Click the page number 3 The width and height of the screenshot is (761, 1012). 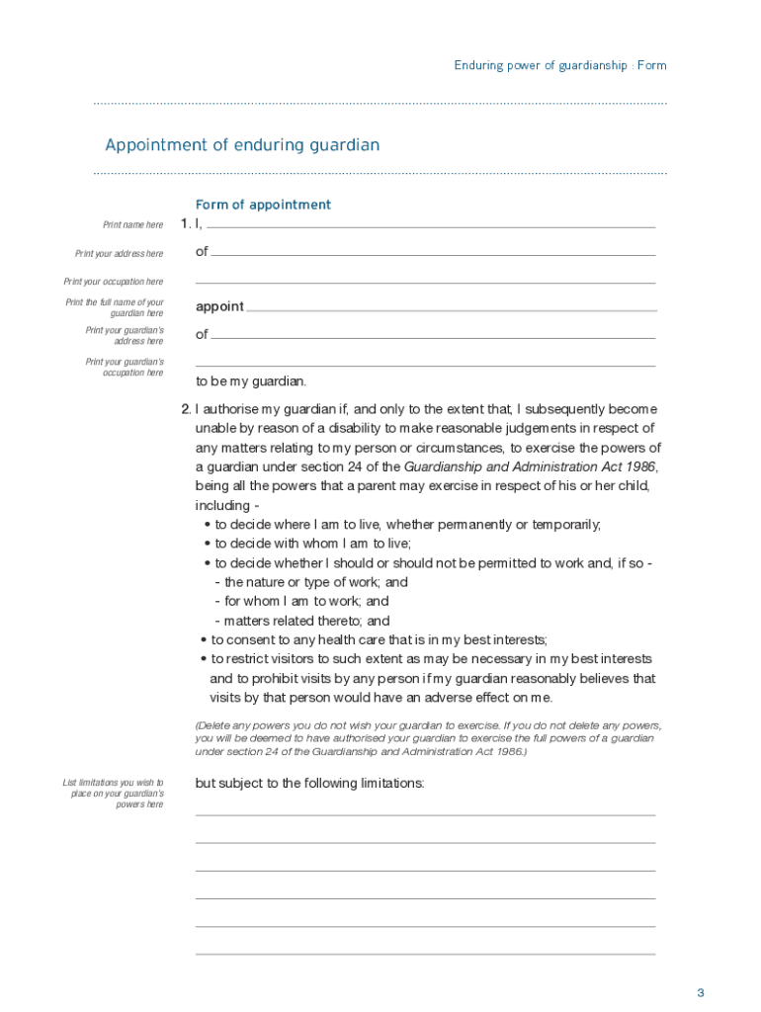pyautogui.click(x=700, y=992)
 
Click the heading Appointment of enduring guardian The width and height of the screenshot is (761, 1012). pyautogui.click(x=242, y=145)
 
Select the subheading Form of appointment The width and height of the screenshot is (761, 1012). pyautogui.click(x=263, y=205)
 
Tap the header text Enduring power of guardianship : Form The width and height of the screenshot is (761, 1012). pyautogui.click(x=559, y=65)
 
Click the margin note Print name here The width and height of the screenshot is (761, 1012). pyautogui.click(x=133, y=225)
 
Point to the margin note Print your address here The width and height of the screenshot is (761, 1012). pyautogui.click(x=120, y=254)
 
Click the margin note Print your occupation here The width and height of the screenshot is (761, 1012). pyautogui.click(x=114, y=282)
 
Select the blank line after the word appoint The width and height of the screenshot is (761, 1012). pyautogui.click(x=451, y=310)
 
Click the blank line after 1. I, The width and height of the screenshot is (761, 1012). pyautogui.click(x=431, y=227)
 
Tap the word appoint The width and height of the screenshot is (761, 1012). pyautogui.click(x=219, y=306)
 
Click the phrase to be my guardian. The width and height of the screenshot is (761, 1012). pyautogui.click(x=251, y=381)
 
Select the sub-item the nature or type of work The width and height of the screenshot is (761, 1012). pyautogui.click(x=315, y=582)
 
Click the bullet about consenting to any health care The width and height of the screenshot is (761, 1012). pyautogui.click(x=379, y=639)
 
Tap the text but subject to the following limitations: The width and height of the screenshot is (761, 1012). pyautogui.click(x=309, y=784)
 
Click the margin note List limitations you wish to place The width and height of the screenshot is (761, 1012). pyautogui.click(x=113, y=793)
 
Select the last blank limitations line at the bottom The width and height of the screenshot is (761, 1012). pyautogui.click(x=425, y=954)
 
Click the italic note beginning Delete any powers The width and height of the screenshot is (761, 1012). pyautogui.click(x=425, y=738)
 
